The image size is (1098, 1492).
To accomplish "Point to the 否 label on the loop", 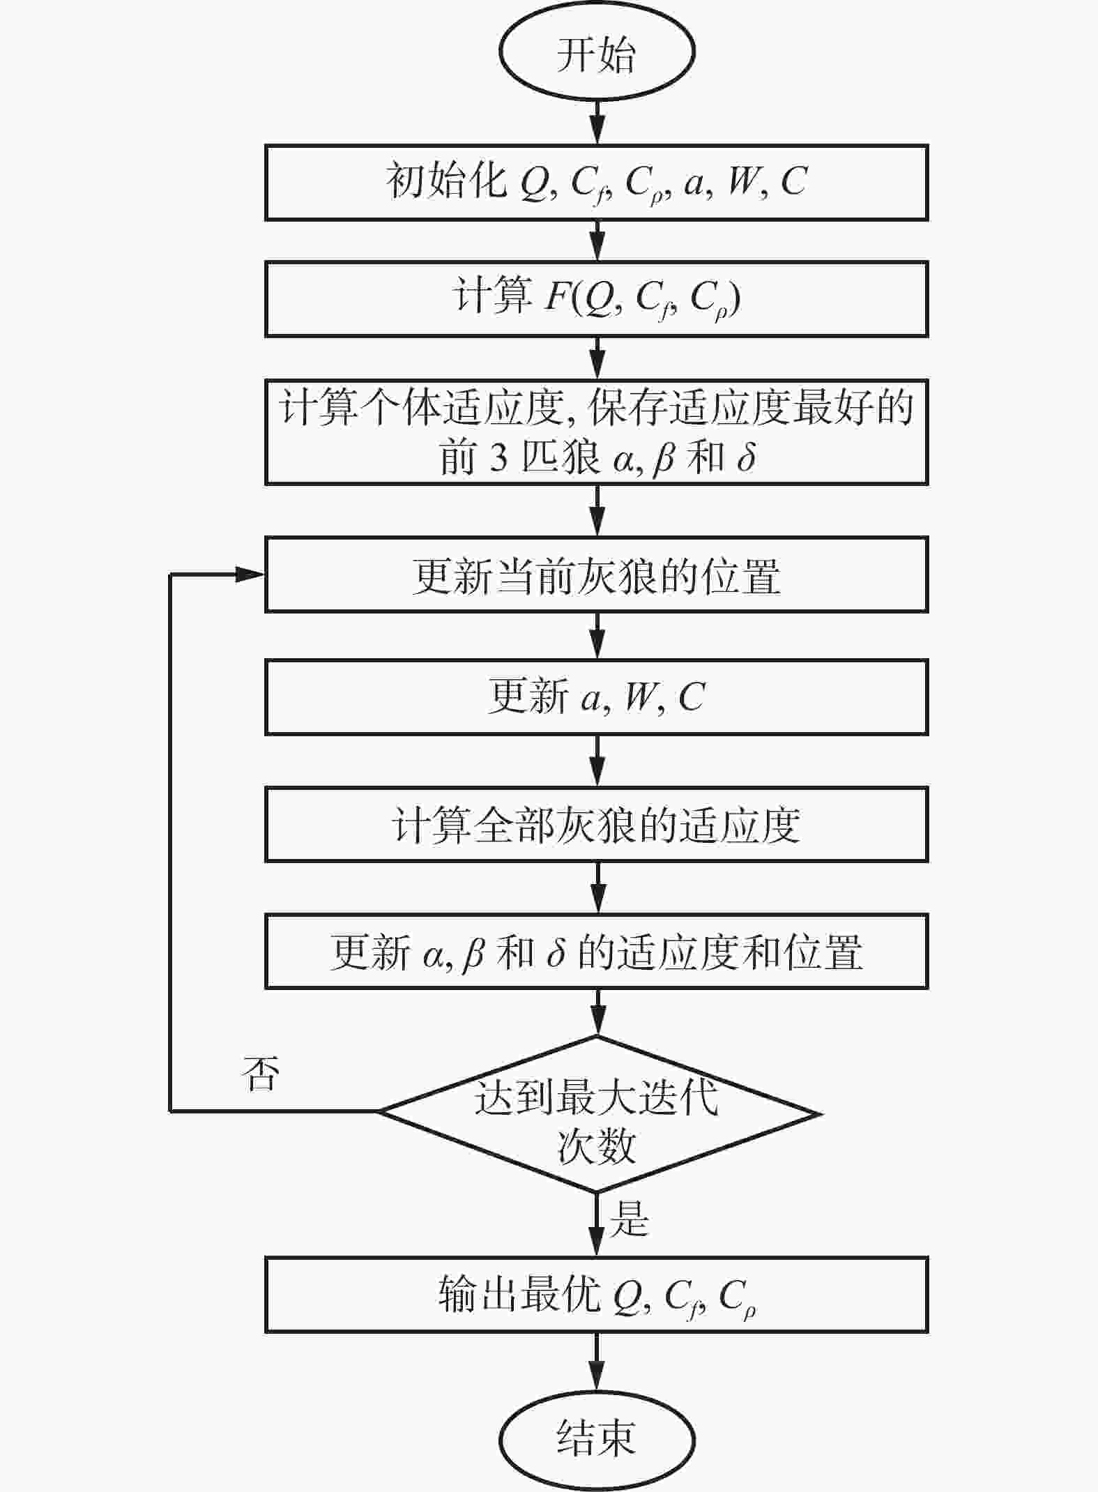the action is (259, 1074).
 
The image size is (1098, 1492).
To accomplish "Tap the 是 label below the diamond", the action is (630, 1219).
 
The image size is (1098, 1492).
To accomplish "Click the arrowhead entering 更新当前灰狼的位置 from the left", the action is (251, 574).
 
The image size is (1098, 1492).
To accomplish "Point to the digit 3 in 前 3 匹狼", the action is (498, 458).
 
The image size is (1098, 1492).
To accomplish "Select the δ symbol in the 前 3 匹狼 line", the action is (746, 457).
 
